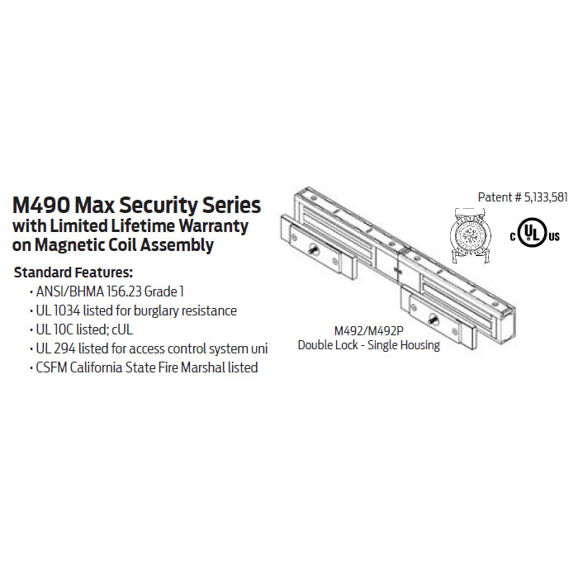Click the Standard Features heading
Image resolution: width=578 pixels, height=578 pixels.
click(x=73, y=272)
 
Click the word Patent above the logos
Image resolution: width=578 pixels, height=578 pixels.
click(x=495, y=197)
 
